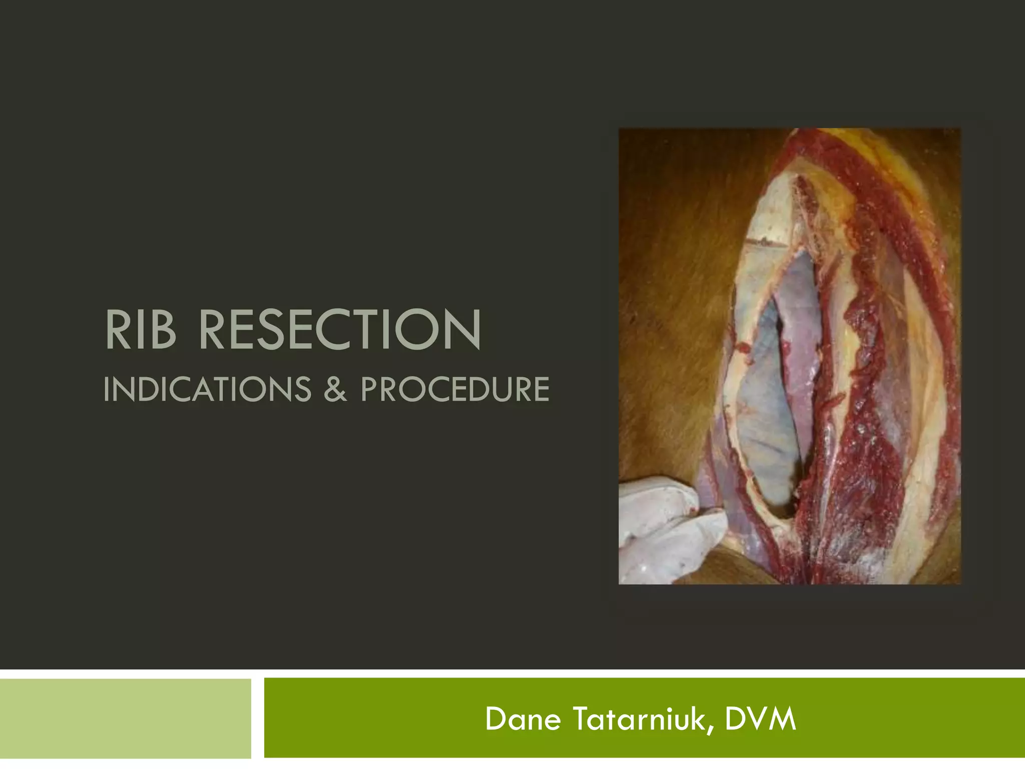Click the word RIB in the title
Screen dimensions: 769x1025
tap(141, 330)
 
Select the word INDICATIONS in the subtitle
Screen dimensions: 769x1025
tap(207, 390)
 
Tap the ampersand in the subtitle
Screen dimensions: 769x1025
tap(335, 390)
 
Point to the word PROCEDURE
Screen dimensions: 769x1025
tap(454, 390)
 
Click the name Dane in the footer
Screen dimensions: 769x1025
tap(523, 719)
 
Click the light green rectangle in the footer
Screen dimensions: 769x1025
tap(125, 718)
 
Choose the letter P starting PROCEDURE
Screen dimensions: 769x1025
tap(370, 390)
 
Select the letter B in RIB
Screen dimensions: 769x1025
tap(163, 330)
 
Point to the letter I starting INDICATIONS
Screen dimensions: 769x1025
tap(107, 390)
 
